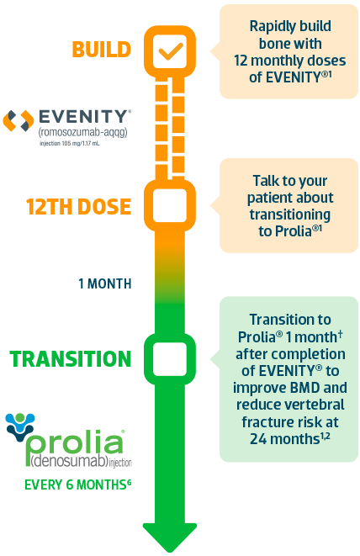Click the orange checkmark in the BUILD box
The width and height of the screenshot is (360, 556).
coord(170,51)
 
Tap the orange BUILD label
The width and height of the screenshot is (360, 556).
coord(102,50)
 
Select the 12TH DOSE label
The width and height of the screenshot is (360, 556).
coord(78,206)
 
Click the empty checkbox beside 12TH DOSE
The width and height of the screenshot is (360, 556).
coord(170,206)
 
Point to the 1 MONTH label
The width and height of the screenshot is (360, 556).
coord(104,283)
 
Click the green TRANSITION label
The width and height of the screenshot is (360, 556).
coord(70,359)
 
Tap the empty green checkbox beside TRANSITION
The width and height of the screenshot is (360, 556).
coord(170,359)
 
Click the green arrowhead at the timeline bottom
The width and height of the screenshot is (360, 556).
coord(170,537)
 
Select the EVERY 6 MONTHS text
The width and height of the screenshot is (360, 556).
coord(77,485)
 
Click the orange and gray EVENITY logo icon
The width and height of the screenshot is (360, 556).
coord(19,120)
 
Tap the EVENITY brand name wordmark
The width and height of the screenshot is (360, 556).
coord(84,116)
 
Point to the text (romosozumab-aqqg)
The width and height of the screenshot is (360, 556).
coord(82,132)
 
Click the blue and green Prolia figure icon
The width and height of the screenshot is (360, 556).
coord(20,426)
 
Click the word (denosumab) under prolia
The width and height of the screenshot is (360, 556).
coord(69,461)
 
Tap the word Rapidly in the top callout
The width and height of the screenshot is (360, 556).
coord(270,27)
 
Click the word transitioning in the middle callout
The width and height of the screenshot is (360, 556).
coord(290,214)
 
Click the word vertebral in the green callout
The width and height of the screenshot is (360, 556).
coord(315,405)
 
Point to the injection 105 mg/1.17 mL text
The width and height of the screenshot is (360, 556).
coord(70,144)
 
